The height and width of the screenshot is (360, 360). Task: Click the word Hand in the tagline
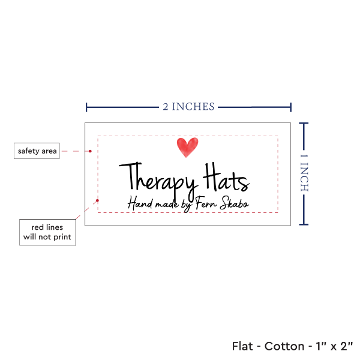[x=139, y=203]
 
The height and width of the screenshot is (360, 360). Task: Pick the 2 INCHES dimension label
[x=188, y=107]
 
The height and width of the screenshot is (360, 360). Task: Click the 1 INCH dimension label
[x=304, y=173]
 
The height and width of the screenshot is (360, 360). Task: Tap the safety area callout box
[x=37, y=151]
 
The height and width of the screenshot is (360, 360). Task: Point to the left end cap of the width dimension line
[x=87, y=107]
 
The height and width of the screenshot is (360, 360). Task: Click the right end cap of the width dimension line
[x=291, y=107]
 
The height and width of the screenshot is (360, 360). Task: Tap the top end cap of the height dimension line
[x=304, y=123]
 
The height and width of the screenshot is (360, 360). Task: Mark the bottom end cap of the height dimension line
[x=304, y=225]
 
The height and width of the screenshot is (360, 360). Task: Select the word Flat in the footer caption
[x=243, y=346]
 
